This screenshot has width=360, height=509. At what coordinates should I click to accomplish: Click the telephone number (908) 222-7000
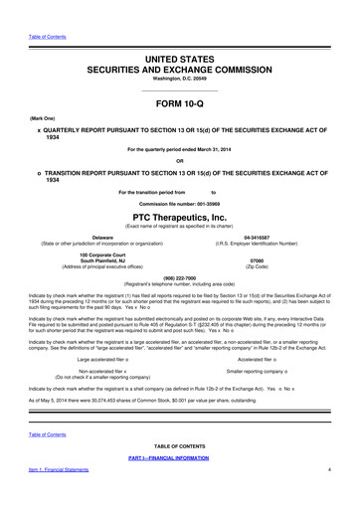[179, 279]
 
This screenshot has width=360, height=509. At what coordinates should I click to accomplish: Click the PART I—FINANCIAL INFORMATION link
[179, 484]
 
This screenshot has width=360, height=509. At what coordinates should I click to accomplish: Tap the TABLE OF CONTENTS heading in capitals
[179, 474]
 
